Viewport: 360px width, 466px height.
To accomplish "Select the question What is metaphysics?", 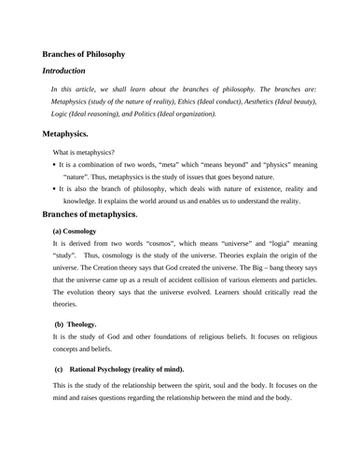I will tap(84, 152).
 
